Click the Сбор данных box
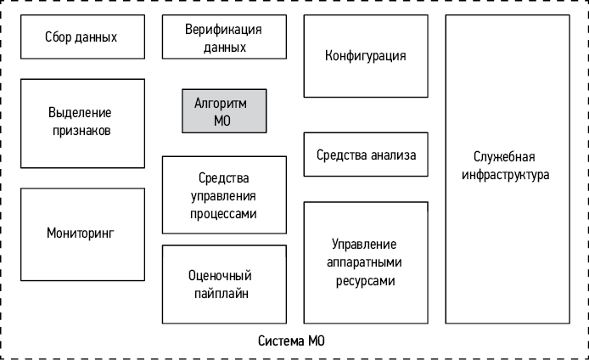(81, 37)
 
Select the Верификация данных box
(224, 38)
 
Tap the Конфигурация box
(365, 56)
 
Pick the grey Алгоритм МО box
(223, 111)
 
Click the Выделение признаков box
(80, 122)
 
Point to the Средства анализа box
(366, 155)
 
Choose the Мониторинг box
(80, 232)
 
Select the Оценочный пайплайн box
(224, 284)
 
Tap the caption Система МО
(291, 341)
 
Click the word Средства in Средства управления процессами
(224, 177)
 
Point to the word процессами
(224, 215)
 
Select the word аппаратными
(365, 262)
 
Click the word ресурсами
(365, 280)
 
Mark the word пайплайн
(224, 293)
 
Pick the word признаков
(80, 131)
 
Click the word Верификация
(224, 30)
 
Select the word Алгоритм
(223, 103)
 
